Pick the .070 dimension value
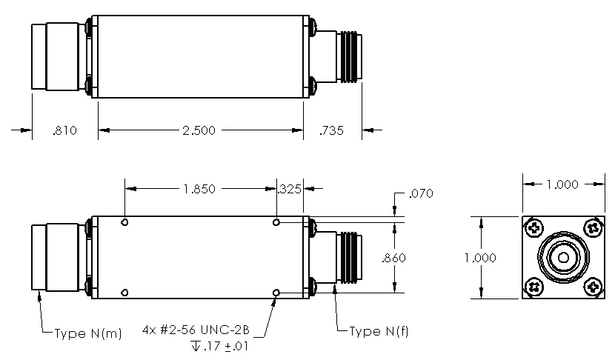pos(420,195)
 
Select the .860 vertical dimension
pos(393,259)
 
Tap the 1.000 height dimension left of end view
pos(481,257)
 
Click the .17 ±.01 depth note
pos(221,346)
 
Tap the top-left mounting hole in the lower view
pos(126,222)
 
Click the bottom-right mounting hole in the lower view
pos(276,293)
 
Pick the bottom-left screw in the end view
pos(533,287)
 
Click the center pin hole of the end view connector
pos(562,257)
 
